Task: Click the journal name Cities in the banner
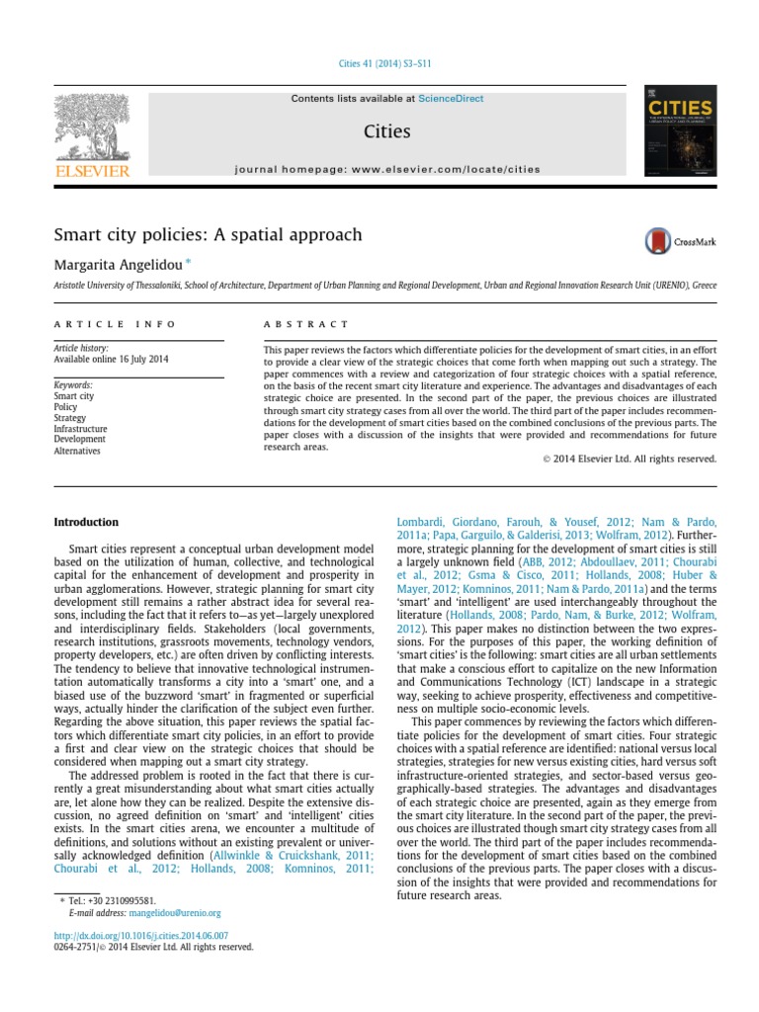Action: [x=386, y=131]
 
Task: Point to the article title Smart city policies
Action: [x=208, y=235]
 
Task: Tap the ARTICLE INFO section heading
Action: [x=115, y=324]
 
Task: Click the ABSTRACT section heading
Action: [x=306, y=324]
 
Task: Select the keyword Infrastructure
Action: [x=81, y=429]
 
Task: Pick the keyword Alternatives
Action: [x=77, y=451]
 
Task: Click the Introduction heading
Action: [x=86, y=522]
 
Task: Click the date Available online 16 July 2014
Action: [x=111, y=359]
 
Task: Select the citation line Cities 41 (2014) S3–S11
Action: [x=379, y=64]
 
